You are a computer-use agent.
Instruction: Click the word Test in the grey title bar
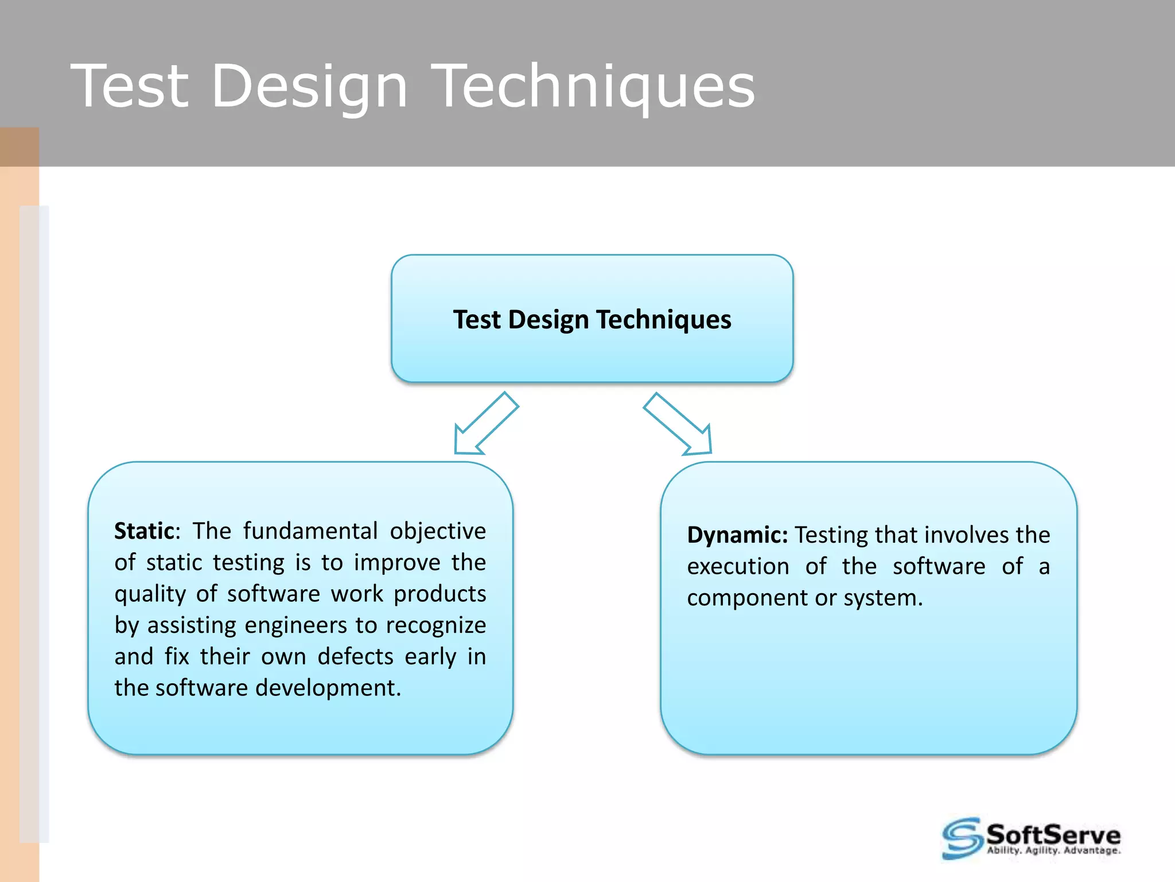point(130,86)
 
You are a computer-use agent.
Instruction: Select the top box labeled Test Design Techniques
point(592,319)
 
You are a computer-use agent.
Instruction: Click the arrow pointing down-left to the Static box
point(485,424)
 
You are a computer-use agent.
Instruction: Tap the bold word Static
point(144,531)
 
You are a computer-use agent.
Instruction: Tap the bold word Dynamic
point(737,535)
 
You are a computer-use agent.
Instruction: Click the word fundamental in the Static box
point(310,531)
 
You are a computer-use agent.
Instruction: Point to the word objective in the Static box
point(438,531)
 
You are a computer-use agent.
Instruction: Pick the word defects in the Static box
point(355,656)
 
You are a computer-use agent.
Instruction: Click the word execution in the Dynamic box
point(738,567)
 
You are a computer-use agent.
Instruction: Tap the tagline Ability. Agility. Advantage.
point(1053,850)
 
